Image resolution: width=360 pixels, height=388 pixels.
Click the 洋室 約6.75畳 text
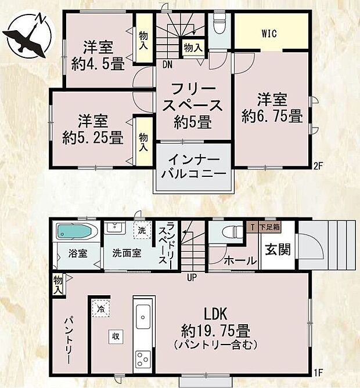point(272,108)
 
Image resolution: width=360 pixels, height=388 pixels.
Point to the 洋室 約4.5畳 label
point(97,56)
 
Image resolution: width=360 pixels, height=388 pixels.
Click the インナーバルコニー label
point(193,166)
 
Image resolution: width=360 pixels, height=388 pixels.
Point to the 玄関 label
point(275,251)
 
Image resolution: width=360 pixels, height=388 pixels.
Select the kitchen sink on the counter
point(142,318)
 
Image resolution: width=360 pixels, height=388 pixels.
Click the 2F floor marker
point(318,164)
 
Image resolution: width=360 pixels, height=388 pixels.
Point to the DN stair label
point(167,64)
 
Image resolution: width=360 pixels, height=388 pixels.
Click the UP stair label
point(192,277)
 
